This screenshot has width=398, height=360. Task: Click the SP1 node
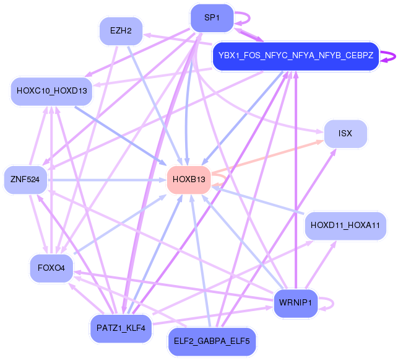(212, 18)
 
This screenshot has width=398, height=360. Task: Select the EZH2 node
(121, 30)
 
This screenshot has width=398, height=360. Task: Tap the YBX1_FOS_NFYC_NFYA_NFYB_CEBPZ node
(295, 56)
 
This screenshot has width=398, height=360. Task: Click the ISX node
(345, 134)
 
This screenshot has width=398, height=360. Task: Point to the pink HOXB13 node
(189, 180)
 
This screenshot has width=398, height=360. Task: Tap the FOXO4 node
(51, 268)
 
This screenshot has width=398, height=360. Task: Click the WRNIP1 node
(295, 303)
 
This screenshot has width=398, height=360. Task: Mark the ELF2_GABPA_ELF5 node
(211, 341)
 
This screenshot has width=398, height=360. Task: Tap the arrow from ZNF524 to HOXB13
(105, 180)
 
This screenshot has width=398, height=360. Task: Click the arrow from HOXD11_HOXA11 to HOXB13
(260, 201)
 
